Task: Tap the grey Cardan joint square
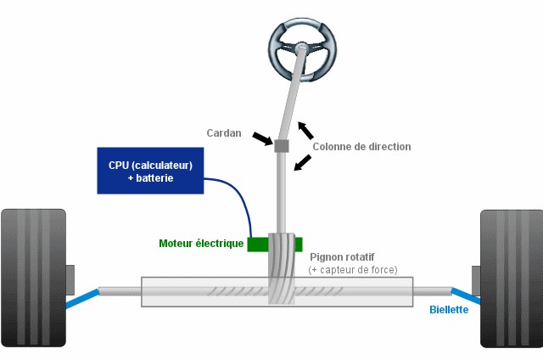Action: coord(282,146)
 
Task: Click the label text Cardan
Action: coord(224,133)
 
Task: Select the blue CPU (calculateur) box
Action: coord(151,171)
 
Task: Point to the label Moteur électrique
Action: coord(201,244)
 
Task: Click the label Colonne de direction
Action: coord(361,147)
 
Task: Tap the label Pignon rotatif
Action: coord(342,256)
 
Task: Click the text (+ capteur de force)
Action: coord(353,270)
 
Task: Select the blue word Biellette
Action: coord(449,310)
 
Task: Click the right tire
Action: coord(511,278)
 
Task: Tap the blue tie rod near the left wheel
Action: coord(83,297)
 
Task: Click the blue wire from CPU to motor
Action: coord(239,200)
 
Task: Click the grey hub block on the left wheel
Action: coord(70,278)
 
